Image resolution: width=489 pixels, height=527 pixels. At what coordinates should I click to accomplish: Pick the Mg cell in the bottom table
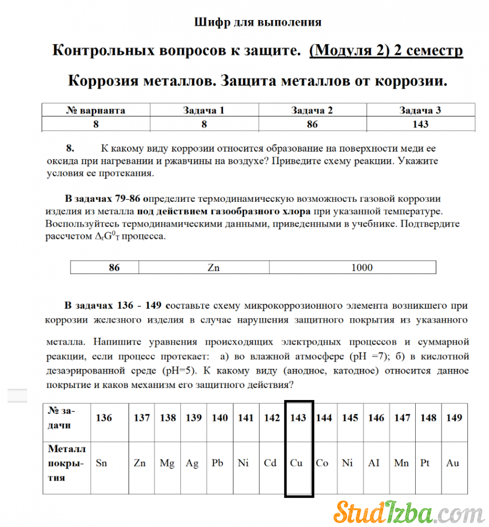[x=167, y=463]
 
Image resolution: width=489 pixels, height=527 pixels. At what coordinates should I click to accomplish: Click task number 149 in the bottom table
[x=454, y=418]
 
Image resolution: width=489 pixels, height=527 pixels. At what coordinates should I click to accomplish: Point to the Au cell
[x=453, y=463]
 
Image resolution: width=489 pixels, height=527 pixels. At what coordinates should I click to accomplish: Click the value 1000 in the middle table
[x=361, y=267]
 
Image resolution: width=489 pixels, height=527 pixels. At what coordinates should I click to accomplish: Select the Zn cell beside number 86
[x=213, y=267]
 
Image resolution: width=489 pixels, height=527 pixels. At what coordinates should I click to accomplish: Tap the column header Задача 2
[x=312, y=110]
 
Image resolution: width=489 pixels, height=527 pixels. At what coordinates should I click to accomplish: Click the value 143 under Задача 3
[x=420, y=124]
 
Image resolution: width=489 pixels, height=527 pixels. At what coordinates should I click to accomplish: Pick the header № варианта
[x=95, y=110]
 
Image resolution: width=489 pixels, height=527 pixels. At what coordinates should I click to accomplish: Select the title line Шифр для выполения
[x=258, y=22]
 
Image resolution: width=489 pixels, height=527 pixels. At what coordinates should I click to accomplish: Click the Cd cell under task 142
[x=270, y=463]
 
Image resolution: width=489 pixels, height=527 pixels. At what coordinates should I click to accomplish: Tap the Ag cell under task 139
[x=192, y=463]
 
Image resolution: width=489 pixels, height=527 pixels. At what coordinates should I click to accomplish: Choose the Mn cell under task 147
[x=402, y=463]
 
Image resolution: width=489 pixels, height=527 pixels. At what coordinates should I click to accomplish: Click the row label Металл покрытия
[x=66, y=463]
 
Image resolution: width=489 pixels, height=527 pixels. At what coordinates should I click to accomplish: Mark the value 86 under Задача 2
[x=312, y=124]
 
